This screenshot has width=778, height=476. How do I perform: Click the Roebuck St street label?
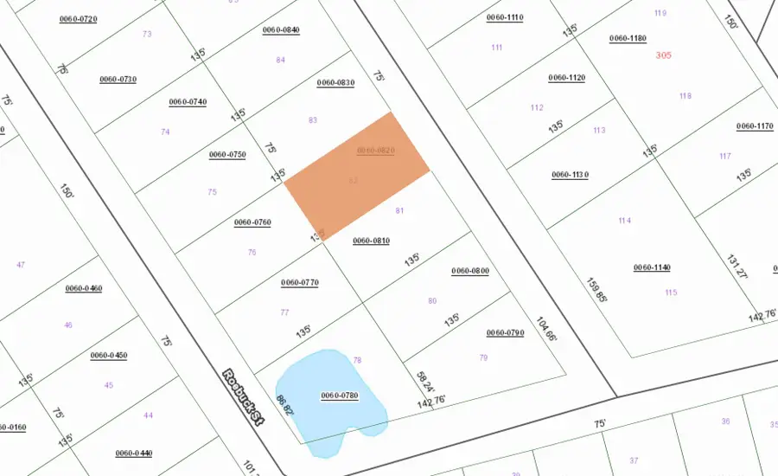coord(243,397)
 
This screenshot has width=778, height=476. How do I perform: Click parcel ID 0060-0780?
coord(340,396)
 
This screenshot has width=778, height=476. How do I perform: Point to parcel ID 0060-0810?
coord(372,241)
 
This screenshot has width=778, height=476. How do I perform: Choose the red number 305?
coord(664,55)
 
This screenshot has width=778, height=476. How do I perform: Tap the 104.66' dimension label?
coord(544,329)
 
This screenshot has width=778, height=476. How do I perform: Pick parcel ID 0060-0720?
coord(78,18)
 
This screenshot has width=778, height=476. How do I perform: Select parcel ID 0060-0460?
coord(84,288)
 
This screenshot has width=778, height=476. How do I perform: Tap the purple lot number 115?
coord(671,293)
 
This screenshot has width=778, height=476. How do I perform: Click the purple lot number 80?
coord(432,301)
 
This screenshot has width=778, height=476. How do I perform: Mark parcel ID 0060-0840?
coord(281,30)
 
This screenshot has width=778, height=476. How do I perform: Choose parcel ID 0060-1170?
coord(755,126)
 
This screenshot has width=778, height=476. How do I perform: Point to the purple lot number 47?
coord(21,265)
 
